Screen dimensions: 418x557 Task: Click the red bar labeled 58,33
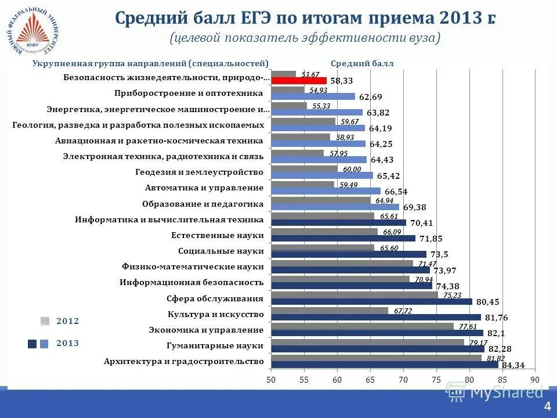(x=299, y=81)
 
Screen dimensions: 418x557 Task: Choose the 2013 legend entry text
(x=67, y=344)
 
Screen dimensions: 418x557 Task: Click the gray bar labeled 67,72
(x=329, y=311)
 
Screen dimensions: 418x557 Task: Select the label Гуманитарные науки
(x=215, y=346)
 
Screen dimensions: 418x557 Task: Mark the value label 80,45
(x=487, y=302)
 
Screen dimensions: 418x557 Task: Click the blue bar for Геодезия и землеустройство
(x=322, y=175)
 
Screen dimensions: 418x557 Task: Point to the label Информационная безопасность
(x=191, y=283)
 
